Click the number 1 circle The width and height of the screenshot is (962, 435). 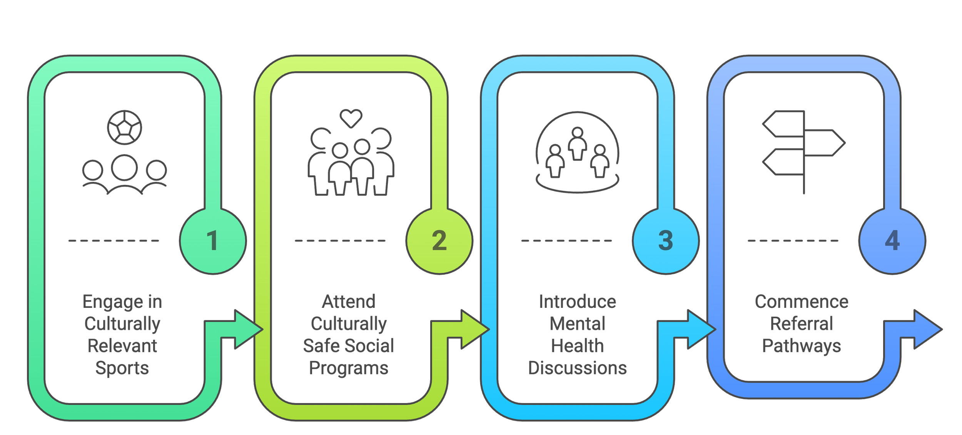pyautogui.click(x=212, y=241)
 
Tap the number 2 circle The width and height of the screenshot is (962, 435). pyautogui.click(x=439, y=241)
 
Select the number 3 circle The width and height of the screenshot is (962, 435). pyautogui.click(x=665, y=241)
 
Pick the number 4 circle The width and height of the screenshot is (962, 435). pyautogui.click(x=892, y=241)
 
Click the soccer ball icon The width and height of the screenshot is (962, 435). pyautogui.click(x=124, y=128)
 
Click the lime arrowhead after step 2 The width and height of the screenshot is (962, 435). pyautogui.click(x=474, y=329)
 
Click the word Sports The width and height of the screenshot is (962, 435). pyautogui.click(x=122, y=368)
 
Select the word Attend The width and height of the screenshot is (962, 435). pyautogui.click(x=349, y=302)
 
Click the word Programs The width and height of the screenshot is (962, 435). pyautogui.click(x=349, y=368)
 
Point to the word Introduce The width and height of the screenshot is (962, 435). pyautogui.click(x=577, y=302)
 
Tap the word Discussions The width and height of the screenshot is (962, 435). pyautogui.click(x=577, y=368)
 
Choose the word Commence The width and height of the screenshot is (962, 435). pyautogui.click(x=802, y=302)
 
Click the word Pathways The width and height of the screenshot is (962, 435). pyautogui.click(x=802, y=346)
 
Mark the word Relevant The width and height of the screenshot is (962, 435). pyautogui.click(x=122, y=346)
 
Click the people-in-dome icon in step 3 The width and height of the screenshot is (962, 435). pyautogui.click(x=577, y=152)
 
